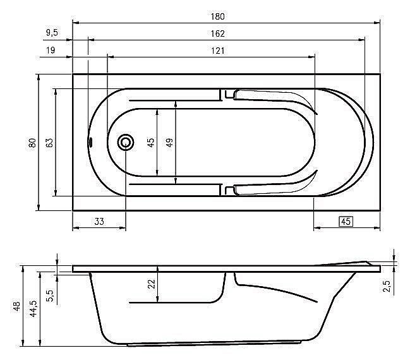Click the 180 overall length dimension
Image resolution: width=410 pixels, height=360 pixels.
tap(217, 16)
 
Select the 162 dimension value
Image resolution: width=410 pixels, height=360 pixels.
tap(217, 33)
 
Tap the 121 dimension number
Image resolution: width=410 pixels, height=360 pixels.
tap(217, 51)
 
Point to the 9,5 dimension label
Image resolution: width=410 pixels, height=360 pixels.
tap(52, 33)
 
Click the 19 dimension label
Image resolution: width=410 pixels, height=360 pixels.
tap(51, 50)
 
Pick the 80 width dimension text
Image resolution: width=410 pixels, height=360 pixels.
tap(32, 143)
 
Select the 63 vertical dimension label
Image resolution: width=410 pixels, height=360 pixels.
tap(49, 143)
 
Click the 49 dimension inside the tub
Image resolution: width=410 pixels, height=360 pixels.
tap(169, 143)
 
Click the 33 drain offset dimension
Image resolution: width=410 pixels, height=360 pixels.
tap(99, 222)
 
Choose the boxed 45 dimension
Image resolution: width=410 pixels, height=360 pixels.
tap(346, 222)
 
